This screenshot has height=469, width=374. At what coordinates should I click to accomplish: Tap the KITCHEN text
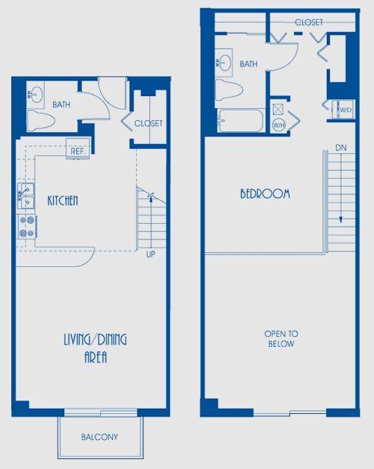(x=63, y=201)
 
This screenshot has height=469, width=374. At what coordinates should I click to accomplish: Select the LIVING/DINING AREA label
(x=95, y=348)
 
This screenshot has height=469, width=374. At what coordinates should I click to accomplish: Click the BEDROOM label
(x=265, y=194)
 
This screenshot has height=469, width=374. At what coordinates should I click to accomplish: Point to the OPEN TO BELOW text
(x=281, y=338)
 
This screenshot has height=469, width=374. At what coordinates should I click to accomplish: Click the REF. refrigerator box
(x=76, y=150)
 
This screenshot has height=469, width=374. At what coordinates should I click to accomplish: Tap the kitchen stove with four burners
(x=27, y=227)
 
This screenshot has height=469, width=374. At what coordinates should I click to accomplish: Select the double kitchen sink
(x=26, y=196)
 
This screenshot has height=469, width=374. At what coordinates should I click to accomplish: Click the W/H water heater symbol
(x=277, y=124)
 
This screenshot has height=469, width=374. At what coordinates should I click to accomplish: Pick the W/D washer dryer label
(x=345, y=110)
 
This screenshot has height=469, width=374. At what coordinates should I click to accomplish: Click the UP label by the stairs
(x=150, y=254)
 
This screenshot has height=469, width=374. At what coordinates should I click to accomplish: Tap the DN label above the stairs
(x=341, y=148)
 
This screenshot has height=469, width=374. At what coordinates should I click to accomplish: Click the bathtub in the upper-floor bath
(x=241, y=120)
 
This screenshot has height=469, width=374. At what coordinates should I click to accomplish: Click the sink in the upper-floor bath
(x=224, y=61)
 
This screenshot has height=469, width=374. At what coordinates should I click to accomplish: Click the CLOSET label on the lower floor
(x=148, y=123)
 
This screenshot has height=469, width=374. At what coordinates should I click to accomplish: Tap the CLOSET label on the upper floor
(x=308, y=23)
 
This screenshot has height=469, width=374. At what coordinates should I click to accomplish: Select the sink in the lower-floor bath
(x=36, y=93)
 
